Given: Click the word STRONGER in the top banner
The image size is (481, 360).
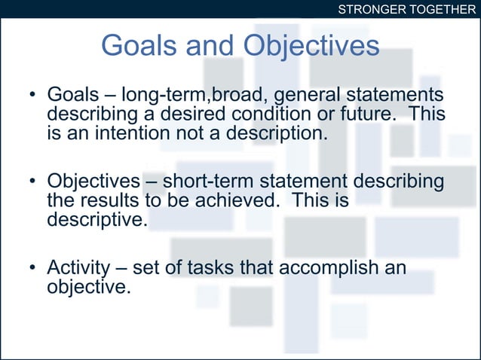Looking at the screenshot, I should (369, 9).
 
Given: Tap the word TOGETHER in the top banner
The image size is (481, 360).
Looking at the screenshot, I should (440, 9).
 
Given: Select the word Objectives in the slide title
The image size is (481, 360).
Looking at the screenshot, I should (311, 47).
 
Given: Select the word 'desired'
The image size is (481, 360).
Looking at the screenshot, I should (191, 115).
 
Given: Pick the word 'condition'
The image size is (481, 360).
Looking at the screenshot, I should (261, 115).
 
